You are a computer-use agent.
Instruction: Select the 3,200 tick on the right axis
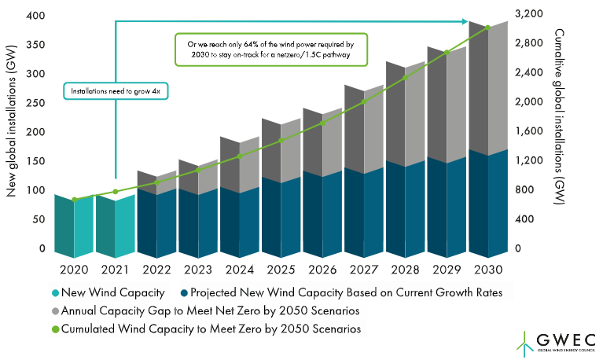pos(528,15)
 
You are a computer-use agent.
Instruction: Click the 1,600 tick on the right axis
pos(528,131)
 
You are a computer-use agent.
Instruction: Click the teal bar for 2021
pos(115,227)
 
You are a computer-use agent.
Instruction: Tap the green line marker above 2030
pos(487,28)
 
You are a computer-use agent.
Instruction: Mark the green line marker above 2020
pos(75,200)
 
